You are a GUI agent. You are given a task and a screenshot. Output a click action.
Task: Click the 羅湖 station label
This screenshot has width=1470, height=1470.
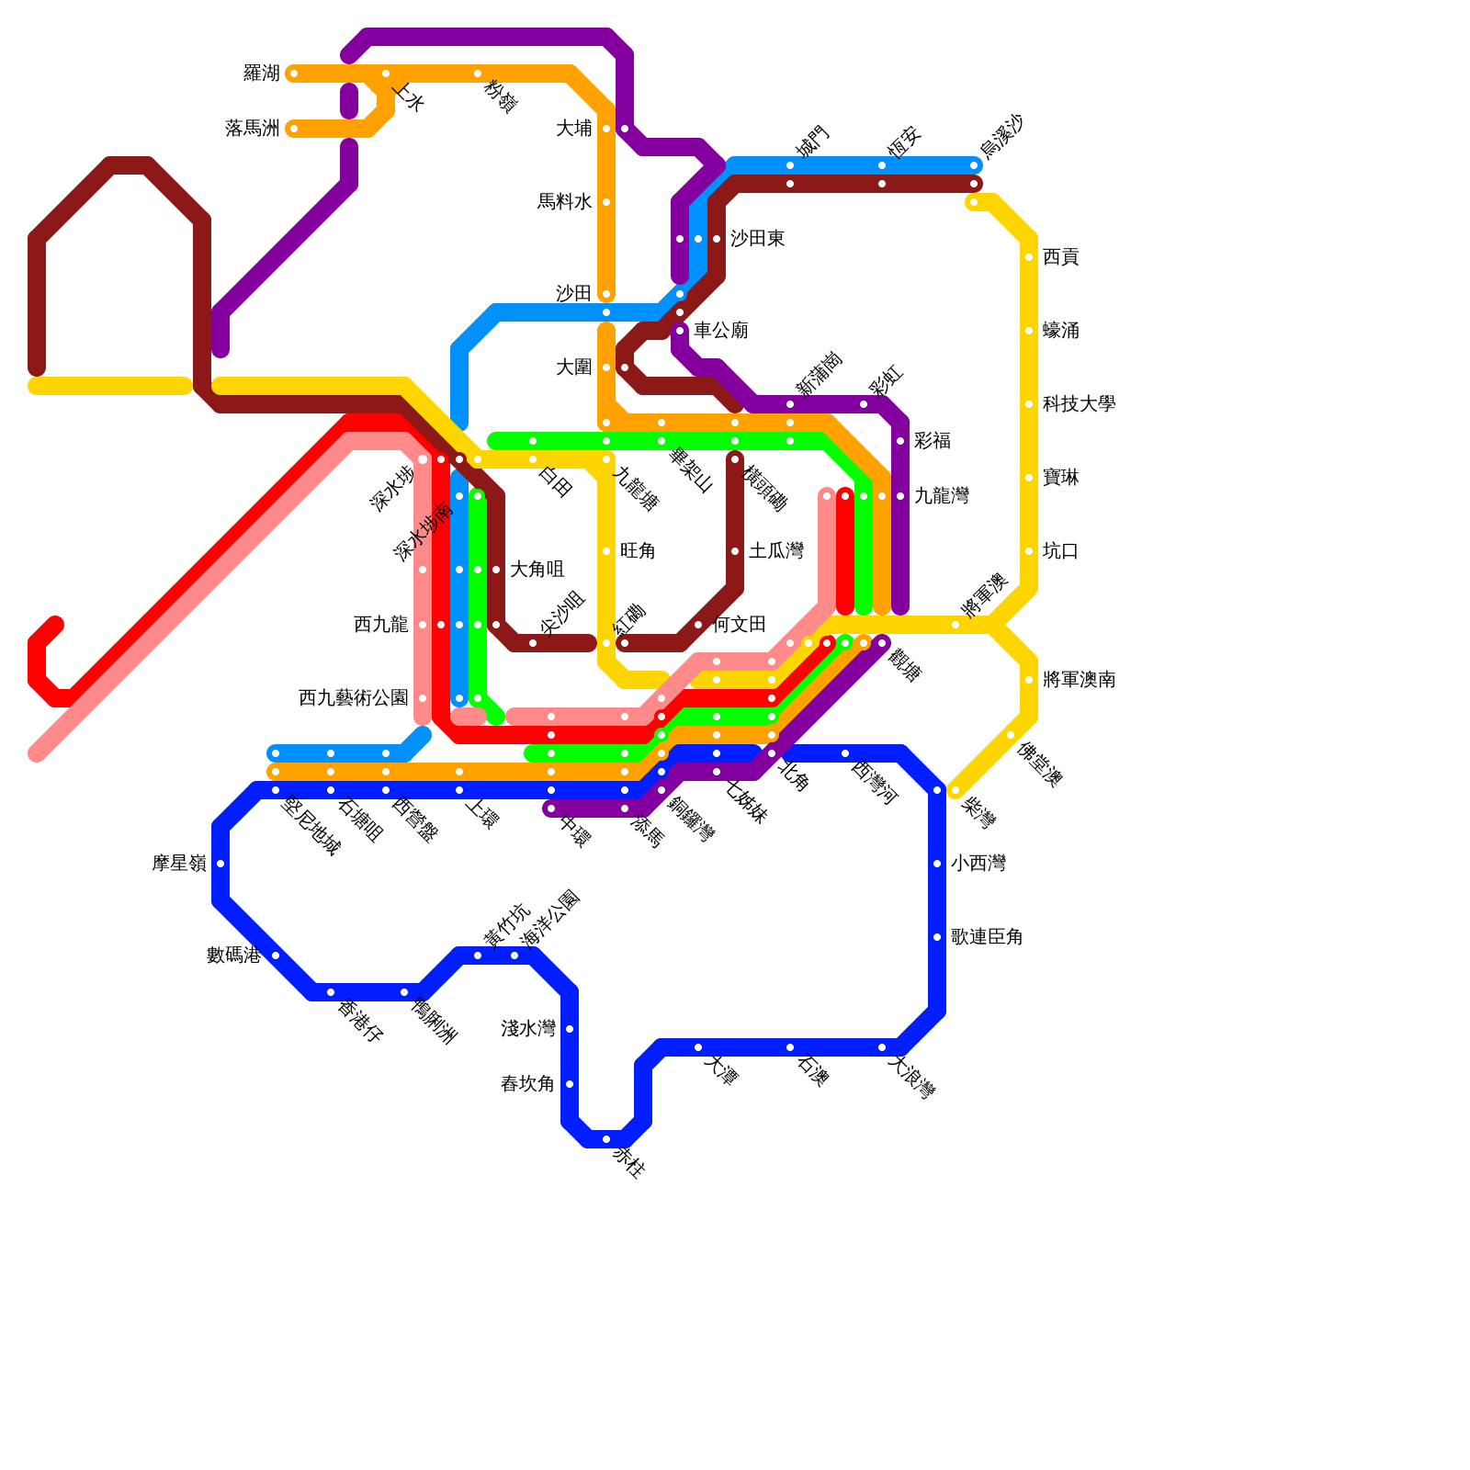click(x=261, y=73)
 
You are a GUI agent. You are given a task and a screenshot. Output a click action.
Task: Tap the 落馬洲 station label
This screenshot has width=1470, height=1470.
click(x=252, y=129)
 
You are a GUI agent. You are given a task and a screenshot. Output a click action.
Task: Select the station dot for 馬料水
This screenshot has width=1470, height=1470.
click(x=606, y=202)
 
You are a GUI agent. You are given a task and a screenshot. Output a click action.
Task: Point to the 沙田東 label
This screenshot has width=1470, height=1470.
click(x=757, y=239)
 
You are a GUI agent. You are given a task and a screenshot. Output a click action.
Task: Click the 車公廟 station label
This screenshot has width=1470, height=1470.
click(x=720, y=331)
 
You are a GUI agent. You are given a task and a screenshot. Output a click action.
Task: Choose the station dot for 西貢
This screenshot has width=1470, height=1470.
click(x=1029, y=257)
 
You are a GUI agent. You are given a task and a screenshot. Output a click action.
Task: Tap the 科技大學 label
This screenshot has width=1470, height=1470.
click(x=1079, y=404)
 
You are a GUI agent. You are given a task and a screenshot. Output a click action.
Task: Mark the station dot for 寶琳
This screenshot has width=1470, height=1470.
click(x=1029, y=478)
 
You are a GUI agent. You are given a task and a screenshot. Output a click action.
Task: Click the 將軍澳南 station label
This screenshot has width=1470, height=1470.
click(x=1079, y=680)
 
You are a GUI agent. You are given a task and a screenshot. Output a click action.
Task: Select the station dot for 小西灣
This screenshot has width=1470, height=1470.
click(x=937, y=864)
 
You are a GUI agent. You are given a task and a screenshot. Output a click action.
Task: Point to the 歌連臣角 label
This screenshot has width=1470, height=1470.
click(x=987, y=937)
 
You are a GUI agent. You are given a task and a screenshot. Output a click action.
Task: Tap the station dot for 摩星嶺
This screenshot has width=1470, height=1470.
click(x=220, y=864)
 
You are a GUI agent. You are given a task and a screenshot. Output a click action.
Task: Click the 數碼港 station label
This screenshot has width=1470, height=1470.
click(x=233, y=955)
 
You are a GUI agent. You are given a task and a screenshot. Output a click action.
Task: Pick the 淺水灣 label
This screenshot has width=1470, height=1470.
click(x=527, y=1029)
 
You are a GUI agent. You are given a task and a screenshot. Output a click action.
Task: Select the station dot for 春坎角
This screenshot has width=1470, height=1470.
click(x=570, y=1084)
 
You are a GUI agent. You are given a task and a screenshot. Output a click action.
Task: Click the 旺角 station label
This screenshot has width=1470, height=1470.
click(x=638, y=551)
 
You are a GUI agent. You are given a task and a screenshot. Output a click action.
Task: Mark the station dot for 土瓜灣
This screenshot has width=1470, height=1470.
click(x=735, y=551)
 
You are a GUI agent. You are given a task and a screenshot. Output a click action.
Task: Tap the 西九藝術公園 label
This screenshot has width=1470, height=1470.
click(x=353, y=698)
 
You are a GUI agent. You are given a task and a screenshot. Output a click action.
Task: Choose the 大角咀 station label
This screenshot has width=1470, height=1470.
click(x=537, y=570)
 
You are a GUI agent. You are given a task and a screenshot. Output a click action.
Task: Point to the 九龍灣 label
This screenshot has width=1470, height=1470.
click(x=941, y=496)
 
